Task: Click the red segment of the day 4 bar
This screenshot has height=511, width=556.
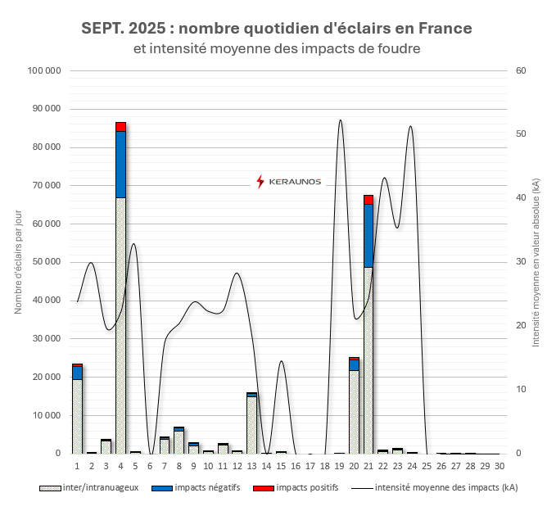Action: [x=120, y=126]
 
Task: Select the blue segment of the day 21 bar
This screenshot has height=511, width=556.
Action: [x=368, y=236]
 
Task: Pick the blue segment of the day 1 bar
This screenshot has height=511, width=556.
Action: [x=77, y=372]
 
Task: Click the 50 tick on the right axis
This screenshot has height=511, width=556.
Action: [x=518, y=134]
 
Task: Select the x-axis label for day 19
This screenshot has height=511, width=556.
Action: [x=339, y=466]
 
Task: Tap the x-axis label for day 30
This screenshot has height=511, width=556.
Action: [x=499, y=466]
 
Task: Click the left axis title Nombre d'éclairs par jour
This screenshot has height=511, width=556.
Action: [x=17, y=262]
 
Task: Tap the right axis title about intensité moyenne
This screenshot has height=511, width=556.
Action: [x=536, y=262]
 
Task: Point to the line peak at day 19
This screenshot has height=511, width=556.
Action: [x=341, y=120]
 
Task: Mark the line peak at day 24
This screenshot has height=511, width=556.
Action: [x=410, y=127]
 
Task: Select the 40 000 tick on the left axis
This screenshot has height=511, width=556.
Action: [x=47, y=301]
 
